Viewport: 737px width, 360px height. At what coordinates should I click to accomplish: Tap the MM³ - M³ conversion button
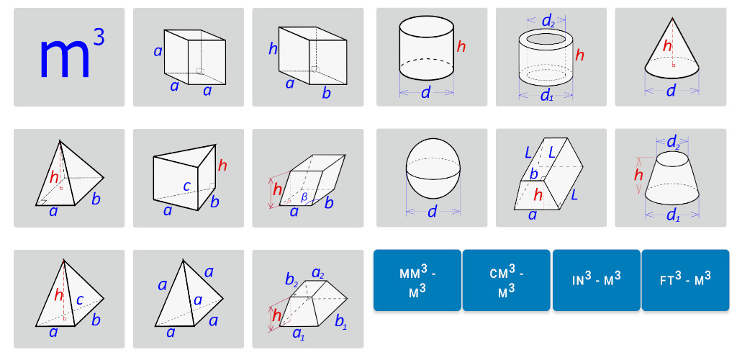pos(417,280)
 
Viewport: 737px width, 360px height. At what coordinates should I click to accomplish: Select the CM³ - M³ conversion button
pos(506,280)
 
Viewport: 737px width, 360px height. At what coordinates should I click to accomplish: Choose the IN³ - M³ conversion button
pos(596,280)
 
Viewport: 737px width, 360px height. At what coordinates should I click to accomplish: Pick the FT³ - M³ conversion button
pos(685,280)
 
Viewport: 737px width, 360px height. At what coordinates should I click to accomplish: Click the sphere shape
pos(434,172)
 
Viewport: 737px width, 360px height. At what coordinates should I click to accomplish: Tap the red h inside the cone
pos(667,46)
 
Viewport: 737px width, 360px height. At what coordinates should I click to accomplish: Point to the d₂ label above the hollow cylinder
pos(547,21)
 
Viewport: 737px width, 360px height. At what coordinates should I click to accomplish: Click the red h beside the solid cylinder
pos(461,47)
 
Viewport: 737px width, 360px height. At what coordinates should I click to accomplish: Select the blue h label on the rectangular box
pos(273,48)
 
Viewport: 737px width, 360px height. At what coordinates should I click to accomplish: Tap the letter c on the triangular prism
pos(186,186)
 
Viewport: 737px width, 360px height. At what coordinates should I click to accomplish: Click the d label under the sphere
pos(432,212)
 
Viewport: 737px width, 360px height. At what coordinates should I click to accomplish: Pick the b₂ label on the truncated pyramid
pos(291,279)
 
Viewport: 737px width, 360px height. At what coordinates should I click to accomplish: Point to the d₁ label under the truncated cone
pos(674,216)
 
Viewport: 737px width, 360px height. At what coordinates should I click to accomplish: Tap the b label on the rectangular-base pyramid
pos(96,199)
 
